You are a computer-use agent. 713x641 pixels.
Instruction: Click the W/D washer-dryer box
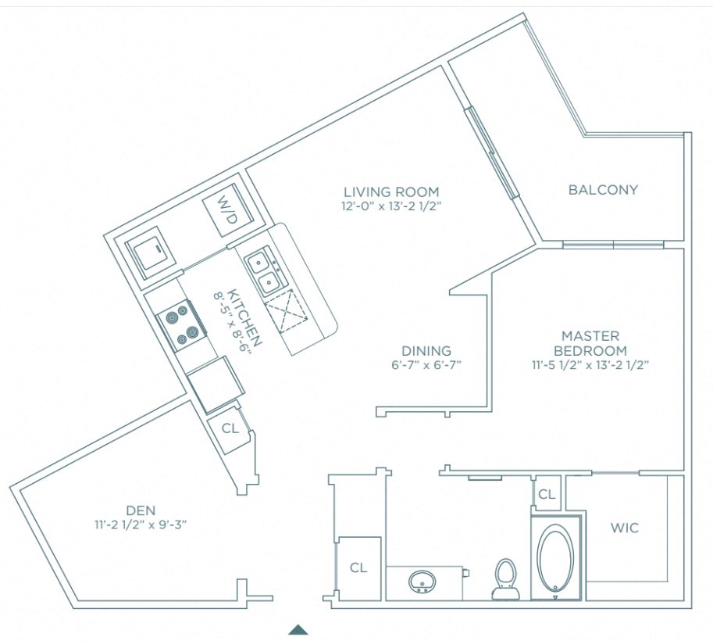point(225,213)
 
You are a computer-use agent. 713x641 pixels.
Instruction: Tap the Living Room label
point(391,192)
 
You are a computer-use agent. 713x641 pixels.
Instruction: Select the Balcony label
point(603,189)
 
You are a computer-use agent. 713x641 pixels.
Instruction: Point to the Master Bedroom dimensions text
point(590,365)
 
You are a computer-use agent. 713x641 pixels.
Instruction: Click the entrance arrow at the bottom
point(298,629)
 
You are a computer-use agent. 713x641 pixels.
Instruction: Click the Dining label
point(426,351)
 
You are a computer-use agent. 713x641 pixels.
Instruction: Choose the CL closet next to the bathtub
point(547,494)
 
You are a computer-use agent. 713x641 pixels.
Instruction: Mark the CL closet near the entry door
point(358,567)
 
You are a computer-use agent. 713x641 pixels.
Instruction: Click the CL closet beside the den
point(230,428)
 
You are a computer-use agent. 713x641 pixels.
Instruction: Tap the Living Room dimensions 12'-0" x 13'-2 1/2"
point(391,206)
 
